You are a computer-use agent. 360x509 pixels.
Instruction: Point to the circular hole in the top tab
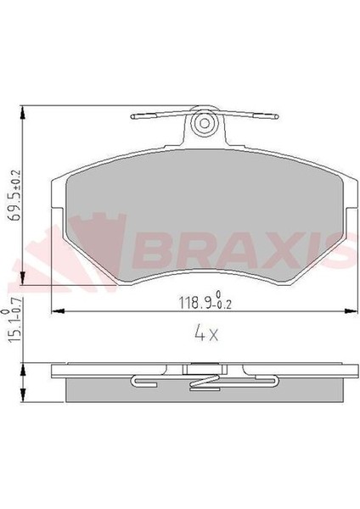pos(204,125)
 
